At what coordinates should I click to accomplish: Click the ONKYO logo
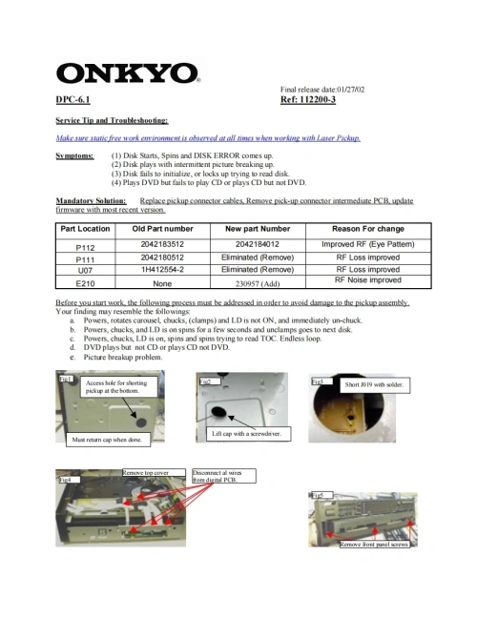pos(127,73)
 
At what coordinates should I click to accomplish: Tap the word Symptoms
pos(74,154)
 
